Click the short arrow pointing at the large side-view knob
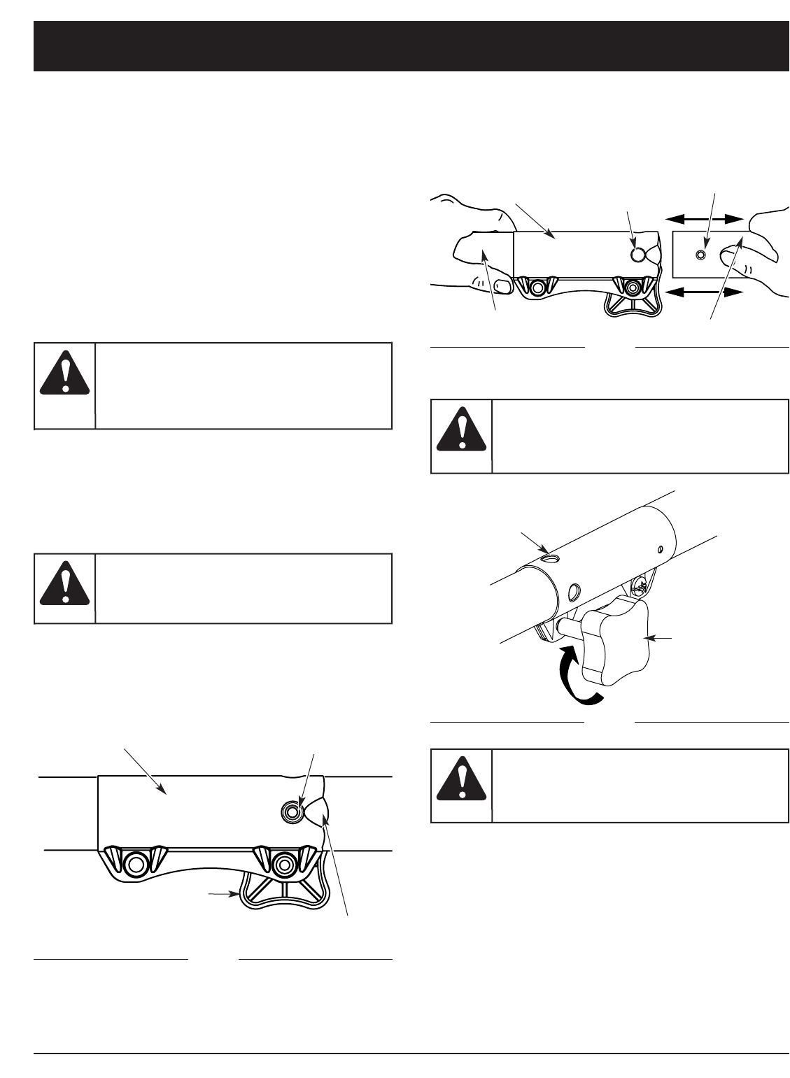225,894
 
